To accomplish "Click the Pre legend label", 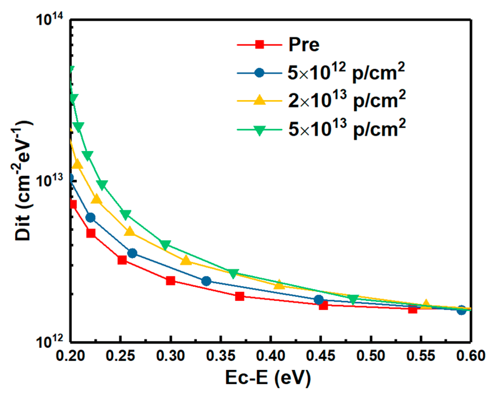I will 304,45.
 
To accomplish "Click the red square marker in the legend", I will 259,45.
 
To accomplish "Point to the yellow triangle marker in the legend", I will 259,100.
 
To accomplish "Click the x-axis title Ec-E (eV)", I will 268,378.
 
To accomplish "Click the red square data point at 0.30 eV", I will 170,281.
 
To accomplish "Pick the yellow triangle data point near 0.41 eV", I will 279,284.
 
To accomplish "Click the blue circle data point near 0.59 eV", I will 461,310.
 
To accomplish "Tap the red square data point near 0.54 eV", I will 413,309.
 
